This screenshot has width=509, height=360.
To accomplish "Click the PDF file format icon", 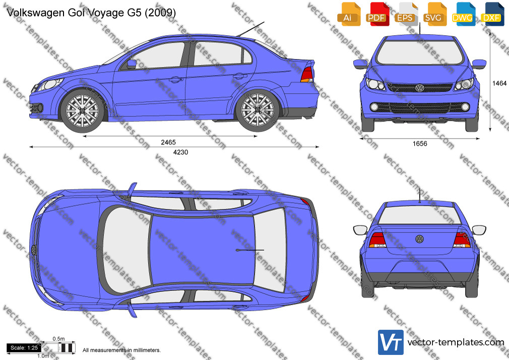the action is [377, 14].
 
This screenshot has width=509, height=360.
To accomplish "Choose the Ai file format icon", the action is [349, 14].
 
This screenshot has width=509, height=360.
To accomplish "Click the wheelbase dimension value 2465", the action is [168, 142].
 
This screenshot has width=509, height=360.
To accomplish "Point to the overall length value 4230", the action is [180, 152].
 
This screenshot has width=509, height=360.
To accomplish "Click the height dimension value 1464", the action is [499, 83].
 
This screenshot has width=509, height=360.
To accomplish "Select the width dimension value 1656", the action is [420, 144].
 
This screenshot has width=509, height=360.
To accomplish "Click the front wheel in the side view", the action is [83, 110].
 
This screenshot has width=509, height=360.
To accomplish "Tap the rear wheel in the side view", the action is [258, 110].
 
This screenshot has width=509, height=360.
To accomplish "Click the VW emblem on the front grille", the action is [420, 88].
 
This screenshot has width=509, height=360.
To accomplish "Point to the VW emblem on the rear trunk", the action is [419, 239].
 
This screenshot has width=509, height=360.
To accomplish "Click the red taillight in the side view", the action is [307, 75].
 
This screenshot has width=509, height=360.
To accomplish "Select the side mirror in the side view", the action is [132, 64].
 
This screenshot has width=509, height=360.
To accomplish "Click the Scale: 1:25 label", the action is [24, 348].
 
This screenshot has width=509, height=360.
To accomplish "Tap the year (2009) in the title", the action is [160, 13].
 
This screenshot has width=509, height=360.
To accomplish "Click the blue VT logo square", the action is [391, 342].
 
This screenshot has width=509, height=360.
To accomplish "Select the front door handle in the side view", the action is [174, 79].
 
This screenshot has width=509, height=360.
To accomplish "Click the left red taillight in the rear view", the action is [377, 240].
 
